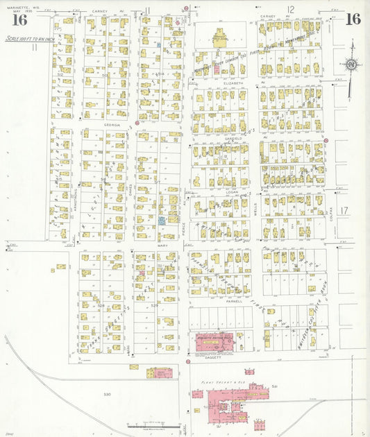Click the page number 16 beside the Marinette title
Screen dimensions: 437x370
pyautogui.click(x=19, y=19)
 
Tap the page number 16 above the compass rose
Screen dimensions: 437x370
pyautogui.click(x=353, y=18)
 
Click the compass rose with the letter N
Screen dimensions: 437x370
pyautogui.click(x=351, y=65)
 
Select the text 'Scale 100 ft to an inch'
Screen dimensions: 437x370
pyautogui.click(x=30, y=40)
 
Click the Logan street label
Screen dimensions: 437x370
pyautogui.click(x=222, y=191)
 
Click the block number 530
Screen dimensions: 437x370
pyautogui.click(x=107, y=394)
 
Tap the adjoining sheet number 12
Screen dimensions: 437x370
pyautogui.click(x=291, y=9)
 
